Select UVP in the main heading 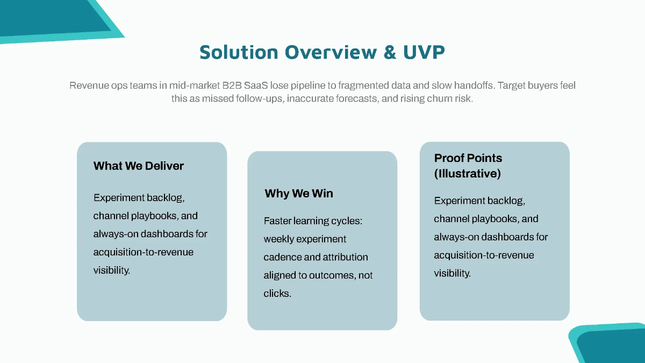[x=424, y=52]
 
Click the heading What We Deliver [x=139, y=166]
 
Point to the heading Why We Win [x=299, y=194]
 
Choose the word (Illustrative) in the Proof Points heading [x=468, y=174]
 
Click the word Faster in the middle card [x=277, y=221]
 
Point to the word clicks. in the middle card [x=277, y=294]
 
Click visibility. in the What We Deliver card [x=112, y=270]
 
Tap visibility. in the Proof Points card [x=453, y=273]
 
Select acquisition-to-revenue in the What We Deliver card [x=144, y=252]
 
